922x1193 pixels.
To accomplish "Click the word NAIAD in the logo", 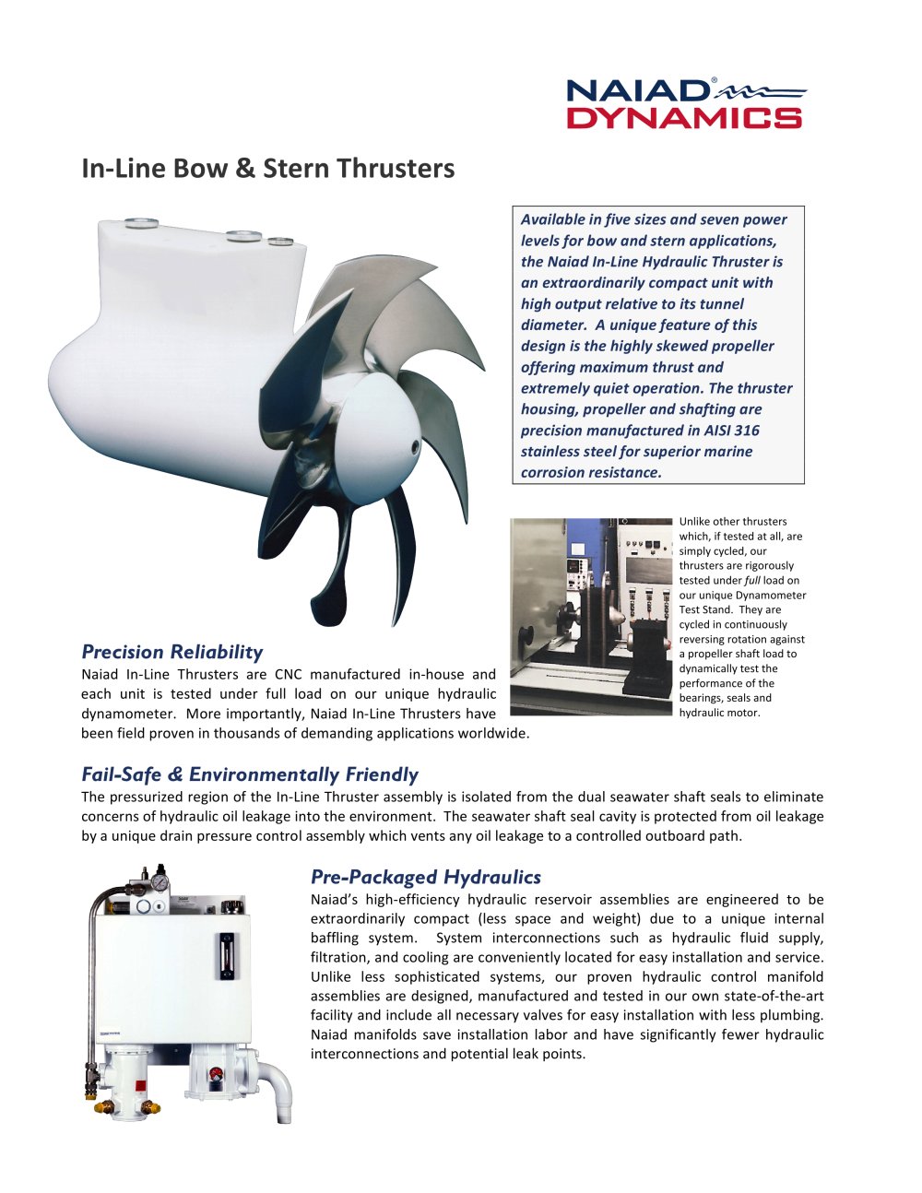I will click(x=637, y=91).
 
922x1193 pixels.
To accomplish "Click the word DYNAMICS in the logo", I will click(x=683, y=117).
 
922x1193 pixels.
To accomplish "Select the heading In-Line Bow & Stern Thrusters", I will click(x=267, y=169).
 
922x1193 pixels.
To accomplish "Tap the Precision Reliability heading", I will click(x=172, y=652).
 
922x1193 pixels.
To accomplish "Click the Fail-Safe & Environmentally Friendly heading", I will click(x=249, y=774).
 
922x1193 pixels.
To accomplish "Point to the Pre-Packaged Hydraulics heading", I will click(x=425, y=877).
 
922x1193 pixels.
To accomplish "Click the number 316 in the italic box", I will click(x=747, y=431).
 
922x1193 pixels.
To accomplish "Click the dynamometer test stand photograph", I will click(x=591, y=616).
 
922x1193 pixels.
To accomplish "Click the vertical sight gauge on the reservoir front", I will click(x=222, y=956).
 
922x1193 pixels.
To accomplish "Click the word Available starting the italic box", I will click(x=552, y=219).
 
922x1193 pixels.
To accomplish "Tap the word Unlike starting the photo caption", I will click(x=696, y=521).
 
